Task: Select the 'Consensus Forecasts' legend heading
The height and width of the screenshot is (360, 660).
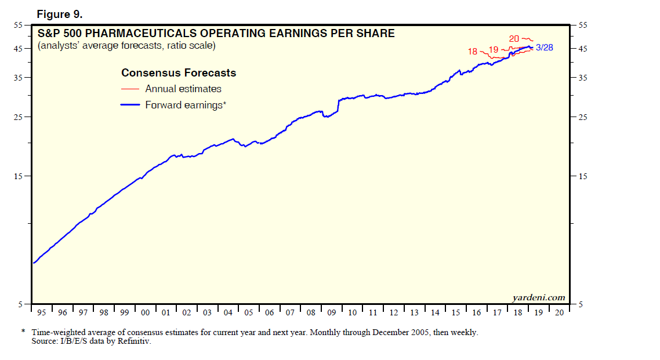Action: tap(179, 73)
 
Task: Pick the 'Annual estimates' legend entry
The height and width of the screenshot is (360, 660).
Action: tap(183, 89)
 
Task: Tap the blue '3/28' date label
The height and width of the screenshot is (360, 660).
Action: tap(545, 48)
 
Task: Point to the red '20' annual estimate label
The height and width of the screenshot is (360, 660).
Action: tap(514, 39)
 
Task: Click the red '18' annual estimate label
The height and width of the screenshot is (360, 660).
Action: tap(473, 52)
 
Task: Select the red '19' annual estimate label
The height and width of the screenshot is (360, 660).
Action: tap(494, 50)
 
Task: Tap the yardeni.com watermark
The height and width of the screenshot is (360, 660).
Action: tap(538, 297)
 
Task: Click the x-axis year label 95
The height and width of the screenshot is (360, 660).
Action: tap(41, 312)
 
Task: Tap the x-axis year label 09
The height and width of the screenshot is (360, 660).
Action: tap(331, 312)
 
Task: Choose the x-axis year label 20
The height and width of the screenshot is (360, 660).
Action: tap(559, 312)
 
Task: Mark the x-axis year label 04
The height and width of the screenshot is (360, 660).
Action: tap(228, 312)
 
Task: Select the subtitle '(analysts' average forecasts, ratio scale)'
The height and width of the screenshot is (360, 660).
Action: tap(126, 46)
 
